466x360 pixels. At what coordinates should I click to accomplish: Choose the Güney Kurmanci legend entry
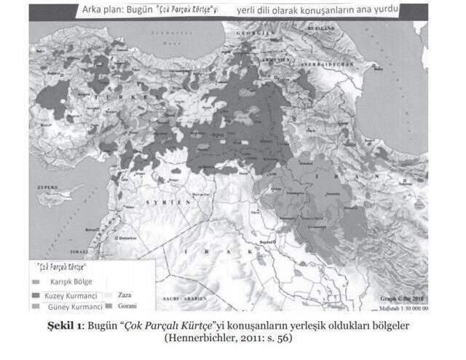coord(71,308)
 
